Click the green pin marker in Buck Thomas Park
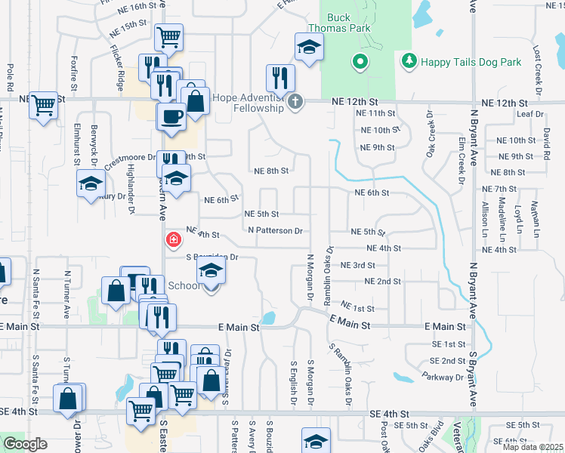click(360, 61)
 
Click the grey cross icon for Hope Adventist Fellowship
click(295, 101)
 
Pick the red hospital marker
click(174, 240)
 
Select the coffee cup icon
click(171, 116)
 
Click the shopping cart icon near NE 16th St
click(168, 36)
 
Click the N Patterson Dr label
click(275, 230)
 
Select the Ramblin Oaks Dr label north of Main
click(329, 274)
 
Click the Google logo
click(25, 443)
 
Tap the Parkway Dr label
click(443, 376)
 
